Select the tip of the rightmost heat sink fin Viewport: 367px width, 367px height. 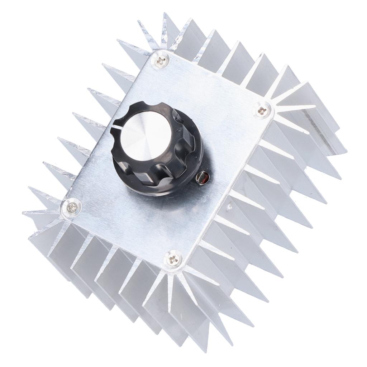tap(346, 151)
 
